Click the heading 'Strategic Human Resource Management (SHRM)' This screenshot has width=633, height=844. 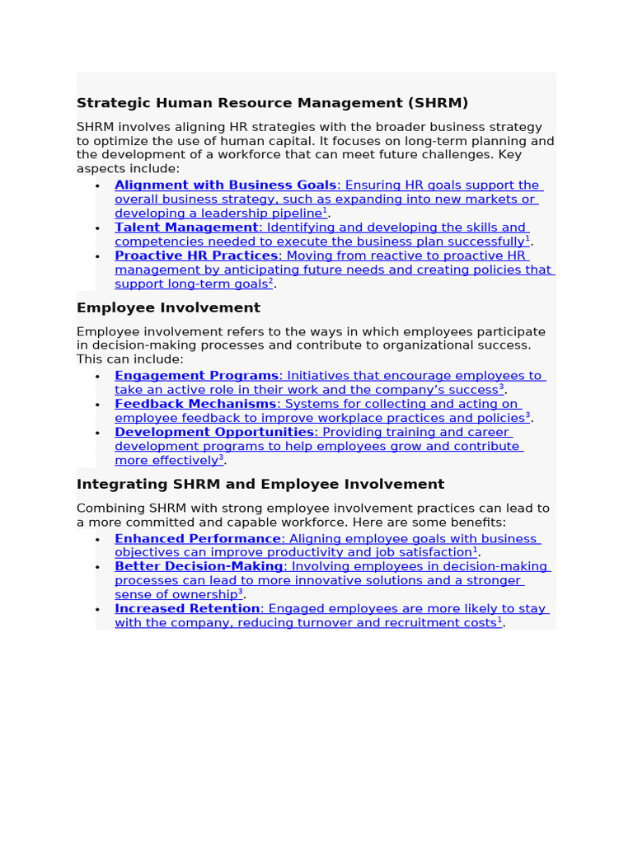[x=272, y=103]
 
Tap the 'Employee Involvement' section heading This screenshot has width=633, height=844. [x=168, y=307]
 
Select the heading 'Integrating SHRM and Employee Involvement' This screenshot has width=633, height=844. [x=260, y=484]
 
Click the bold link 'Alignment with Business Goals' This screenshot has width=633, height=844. [x=225, y=185]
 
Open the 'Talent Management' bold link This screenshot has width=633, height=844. [x=186, y=227]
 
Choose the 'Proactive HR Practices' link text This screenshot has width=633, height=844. [x=195, y=256]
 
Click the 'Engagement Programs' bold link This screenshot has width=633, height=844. [x=196, y=376]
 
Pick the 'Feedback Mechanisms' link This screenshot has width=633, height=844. [x=195, y=404]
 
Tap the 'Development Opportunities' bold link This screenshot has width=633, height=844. [x=214, y=432]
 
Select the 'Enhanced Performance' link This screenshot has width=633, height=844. [x=198, y=539]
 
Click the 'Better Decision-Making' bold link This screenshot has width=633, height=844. [x=199, y=567]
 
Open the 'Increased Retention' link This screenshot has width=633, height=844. [x=187, y=609]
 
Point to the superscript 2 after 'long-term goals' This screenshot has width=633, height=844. [x=270, y=281]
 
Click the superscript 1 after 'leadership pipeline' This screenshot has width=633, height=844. [x=325, y=211]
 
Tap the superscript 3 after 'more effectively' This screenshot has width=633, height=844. [x=221, y=457]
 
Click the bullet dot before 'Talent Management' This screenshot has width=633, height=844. [x=97, y=228]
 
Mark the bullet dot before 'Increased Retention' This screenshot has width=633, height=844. [x=97, y=610]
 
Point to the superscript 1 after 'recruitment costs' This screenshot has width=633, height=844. [x=499, y=620]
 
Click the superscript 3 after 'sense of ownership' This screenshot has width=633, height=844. [x=241, y=592]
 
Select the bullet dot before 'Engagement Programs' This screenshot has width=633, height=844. [x=97, y=377]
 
